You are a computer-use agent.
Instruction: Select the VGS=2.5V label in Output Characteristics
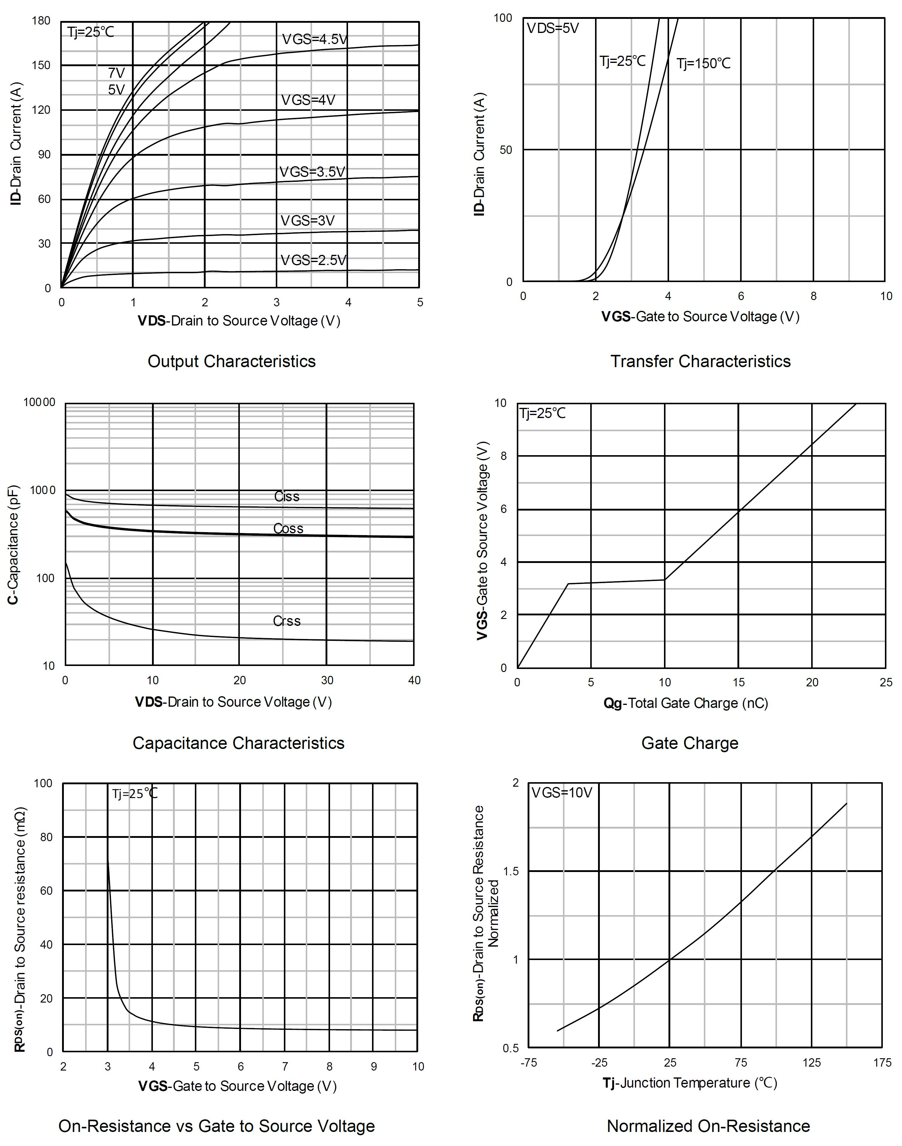coord(313,260)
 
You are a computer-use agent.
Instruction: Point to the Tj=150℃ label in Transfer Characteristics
coord(704,64)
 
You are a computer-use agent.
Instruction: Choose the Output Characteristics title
coord(231,361)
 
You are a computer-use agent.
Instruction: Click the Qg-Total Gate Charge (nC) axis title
coord(686,703)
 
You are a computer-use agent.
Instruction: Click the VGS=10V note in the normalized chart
coord(561,792)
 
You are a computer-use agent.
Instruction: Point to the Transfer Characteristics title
coord(700,361)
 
